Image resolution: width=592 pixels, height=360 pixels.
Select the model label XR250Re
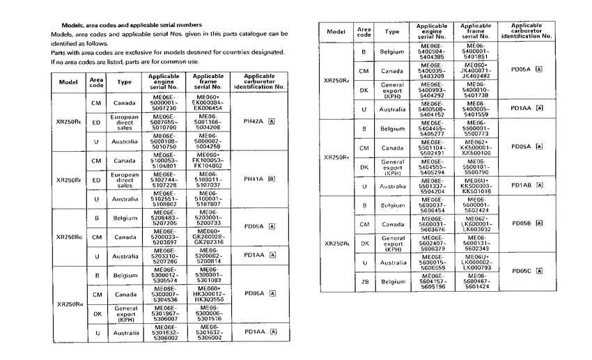point(68,121)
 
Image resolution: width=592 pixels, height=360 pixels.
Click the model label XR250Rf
point(68,179)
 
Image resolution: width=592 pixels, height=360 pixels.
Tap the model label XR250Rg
point(68,237)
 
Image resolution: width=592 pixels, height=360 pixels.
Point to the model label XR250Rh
point(68,304)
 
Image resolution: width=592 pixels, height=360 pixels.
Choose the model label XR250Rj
point(337,80)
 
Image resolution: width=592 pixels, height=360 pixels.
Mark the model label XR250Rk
point(337,157)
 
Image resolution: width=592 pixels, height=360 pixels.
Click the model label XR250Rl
point(337,243)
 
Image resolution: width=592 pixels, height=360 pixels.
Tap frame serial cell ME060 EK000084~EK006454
point(208,102)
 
